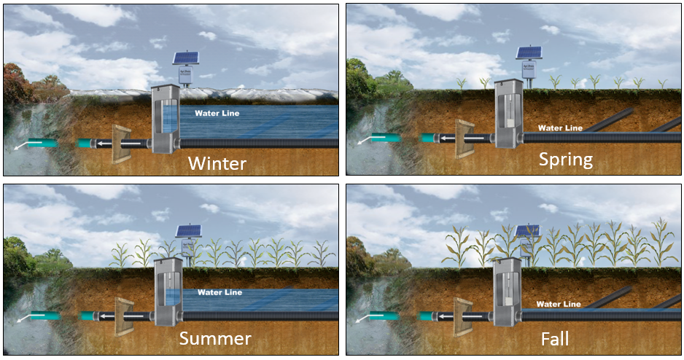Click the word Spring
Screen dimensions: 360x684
(567, 159)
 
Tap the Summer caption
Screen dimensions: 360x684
(215, 338)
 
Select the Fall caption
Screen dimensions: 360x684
(555, 339)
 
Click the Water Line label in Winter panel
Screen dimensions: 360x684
(217, 113)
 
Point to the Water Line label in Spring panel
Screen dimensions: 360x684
(560, 128)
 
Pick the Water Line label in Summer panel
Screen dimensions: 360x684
(219, 292)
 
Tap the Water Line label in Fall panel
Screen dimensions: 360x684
(559, 304)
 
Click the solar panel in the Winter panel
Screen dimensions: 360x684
(184, 59)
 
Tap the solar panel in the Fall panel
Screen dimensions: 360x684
(526, 232)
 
